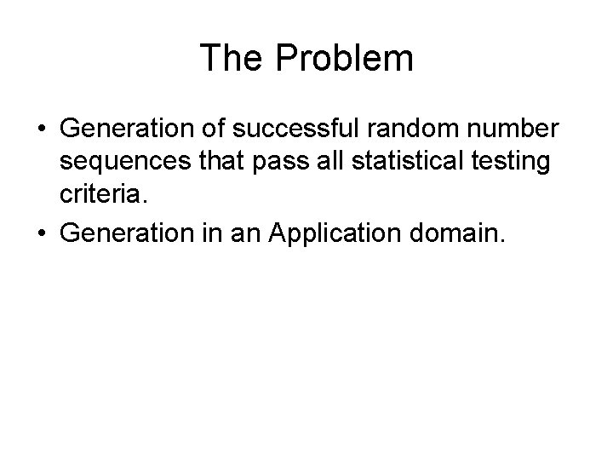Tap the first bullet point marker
tap(41, 129)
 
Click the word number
tap(517, 129)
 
